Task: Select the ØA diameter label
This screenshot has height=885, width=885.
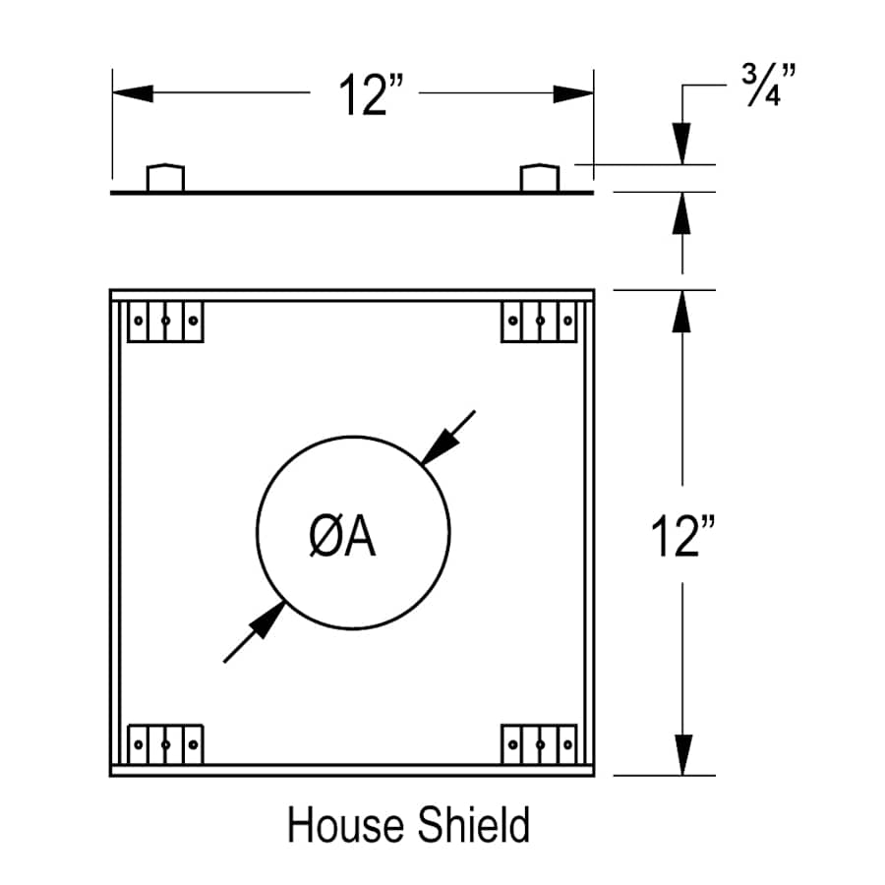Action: pyautogui.click(x=342, y=538)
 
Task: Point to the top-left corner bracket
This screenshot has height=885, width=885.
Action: pyautogui.click(x=166, y=322)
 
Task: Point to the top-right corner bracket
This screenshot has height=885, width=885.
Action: pyautogui.click(x=539, y=322)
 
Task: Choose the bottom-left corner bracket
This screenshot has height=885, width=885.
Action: pyautogui.click(x=166, y=743)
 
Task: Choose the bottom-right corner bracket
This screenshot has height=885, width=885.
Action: pyautogui.click(x=539, y=743)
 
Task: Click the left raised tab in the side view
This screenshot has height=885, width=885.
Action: pyautogui.click(x=165, y=178)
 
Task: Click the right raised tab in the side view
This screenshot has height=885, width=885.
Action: pyautogui.click(x=539, y=178)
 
